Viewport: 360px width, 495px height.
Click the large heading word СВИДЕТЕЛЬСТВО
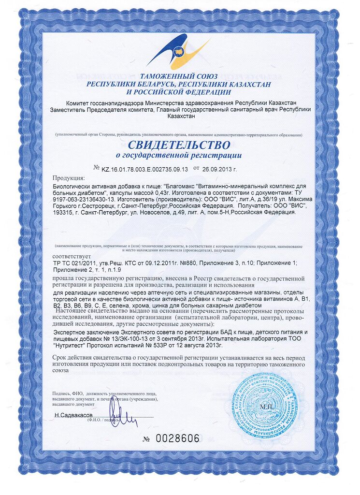click(x=179, y=145)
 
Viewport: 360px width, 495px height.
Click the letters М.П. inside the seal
click(x=267, y=407)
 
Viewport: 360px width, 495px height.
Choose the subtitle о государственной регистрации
click(x=179, y=156)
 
